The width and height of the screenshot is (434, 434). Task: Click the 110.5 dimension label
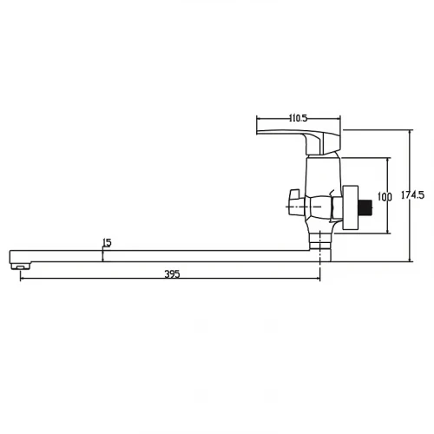click(x=298, y=118)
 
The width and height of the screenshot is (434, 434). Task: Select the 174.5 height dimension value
click(x=412, y=195)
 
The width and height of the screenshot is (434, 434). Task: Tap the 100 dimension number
click(x=385, y=197)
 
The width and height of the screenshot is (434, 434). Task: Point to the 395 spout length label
click(x=172, y=273)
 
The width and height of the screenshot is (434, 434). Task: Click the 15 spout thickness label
click(x=107, y=242)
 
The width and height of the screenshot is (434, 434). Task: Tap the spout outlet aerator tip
click(x=21, y=266)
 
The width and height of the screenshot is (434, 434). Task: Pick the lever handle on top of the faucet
click(x=299, y=141)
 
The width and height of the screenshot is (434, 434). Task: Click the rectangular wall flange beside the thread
click(x=351, y=208)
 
